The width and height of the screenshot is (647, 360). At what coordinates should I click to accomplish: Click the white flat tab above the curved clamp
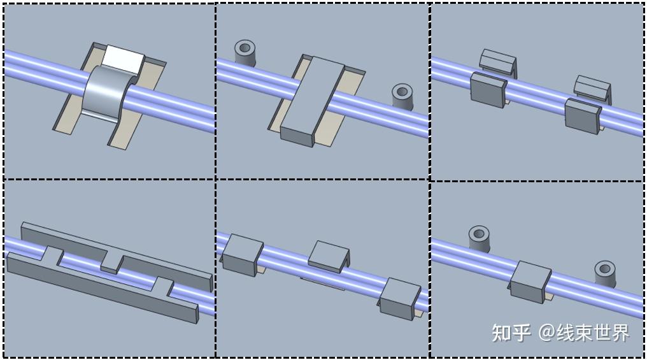tap(124, 60)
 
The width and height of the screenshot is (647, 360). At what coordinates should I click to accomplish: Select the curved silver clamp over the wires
tap(108, 94)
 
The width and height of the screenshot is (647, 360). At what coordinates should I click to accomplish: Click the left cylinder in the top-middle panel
tap(245, 52)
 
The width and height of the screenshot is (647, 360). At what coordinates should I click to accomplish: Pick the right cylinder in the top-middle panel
tap(402, 97)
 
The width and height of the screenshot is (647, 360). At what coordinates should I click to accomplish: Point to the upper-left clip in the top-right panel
tap(497, 62)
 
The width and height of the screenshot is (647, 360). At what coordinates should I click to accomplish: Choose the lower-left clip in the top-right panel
tap(488, 90)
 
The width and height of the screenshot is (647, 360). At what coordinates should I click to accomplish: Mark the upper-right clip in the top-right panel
tap(592, 89)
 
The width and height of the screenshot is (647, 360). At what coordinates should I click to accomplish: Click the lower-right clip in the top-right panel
tap(583, 115)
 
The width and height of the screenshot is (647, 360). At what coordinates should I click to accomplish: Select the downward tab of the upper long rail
tap(112, 263)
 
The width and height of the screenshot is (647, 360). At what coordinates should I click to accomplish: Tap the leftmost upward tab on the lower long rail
tap(53, 256)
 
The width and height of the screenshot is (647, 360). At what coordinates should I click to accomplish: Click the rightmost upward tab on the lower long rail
tap(163, 287)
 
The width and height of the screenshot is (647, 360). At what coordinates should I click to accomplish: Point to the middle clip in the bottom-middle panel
tap(329, 256)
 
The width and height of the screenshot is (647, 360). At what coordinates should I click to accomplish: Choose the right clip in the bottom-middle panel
tap(399, 298)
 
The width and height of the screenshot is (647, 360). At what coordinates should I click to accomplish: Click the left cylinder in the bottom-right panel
tap(479, 239)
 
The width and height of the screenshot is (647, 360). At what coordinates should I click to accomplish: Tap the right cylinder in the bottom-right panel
tap(605, 274)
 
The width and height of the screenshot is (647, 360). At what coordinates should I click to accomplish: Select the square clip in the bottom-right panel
tap(530, 282)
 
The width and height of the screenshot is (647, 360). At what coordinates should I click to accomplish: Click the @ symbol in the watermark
tap(546, 333)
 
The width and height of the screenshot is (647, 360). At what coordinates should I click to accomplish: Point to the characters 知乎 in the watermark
tap(511, 333)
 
